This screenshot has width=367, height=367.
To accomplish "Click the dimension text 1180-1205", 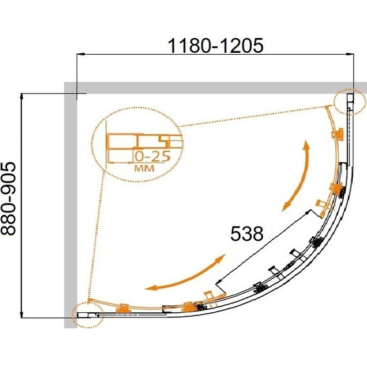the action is click(216, 46).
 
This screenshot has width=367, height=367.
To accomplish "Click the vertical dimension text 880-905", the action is click(8, 198).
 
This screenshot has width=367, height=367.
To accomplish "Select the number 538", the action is click(247, 234).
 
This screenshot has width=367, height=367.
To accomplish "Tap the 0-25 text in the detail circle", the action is click(153, 156).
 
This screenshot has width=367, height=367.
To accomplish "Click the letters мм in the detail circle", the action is click(144, 168).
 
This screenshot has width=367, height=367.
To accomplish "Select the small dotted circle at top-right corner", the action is click(350, 102).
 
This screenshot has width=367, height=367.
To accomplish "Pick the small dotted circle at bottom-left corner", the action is click(88, 314).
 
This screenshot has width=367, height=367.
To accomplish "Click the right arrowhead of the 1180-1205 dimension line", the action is click(350, 54).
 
